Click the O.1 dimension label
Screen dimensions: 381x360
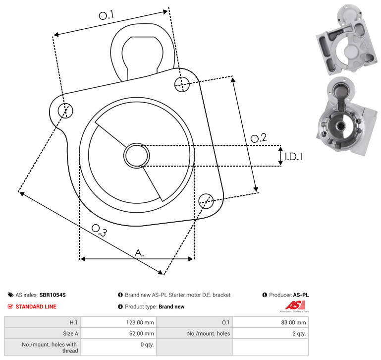coord(107,15)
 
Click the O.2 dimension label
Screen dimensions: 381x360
coord(259,138)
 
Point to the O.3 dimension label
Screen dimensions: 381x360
coord(99,230)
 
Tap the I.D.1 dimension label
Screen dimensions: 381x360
coord(294,157)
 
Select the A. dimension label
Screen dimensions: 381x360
coord(139,253)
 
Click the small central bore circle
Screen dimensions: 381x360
coord(137,156)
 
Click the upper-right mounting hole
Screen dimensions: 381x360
coord(182,84)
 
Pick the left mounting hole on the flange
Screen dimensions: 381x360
coord(65,111)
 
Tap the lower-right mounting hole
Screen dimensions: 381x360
coord(206,201)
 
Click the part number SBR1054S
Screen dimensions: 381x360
coord(53,295)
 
